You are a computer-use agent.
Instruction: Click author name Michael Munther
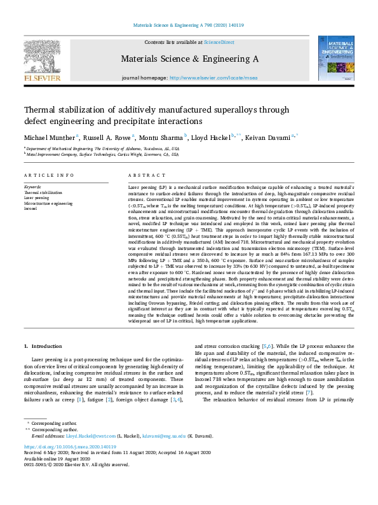(50, 137)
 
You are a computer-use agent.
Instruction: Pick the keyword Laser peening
(37, 198)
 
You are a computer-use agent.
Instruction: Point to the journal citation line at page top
(188, 26)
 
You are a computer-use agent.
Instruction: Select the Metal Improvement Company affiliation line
(101, 153)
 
